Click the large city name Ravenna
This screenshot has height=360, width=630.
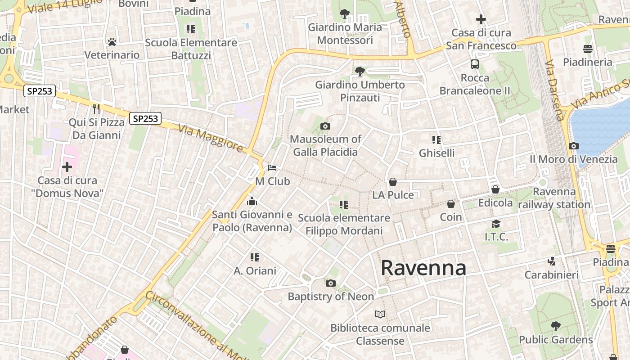point(423,268)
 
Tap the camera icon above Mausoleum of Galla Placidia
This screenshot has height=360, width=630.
point(325,126)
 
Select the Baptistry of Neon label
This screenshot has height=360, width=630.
point(331,297)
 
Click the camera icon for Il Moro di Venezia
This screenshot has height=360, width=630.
point(573,146)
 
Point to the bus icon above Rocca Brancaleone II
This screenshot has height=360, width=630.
point(475,64)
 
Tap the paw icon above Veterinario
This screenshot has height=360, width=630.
point(112,42)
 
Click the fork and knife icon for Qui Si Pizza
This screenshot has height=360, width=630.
point(96,108)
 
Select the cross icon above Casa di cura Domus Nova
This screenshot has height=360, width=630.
point(67,167)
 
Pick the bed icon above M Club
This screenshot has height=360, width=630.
point(272,168)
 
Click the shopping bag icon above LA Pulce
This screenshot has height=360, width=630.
point(393,182)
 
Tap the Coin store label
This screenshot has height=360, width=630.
point(451,217)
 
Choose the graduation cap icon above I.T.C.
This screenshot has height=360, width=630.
point(496,224)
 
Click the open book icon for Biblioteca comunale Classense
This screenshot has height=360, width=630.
point(380,314)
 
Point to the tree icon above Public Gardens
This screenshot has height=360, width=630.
point(556,326)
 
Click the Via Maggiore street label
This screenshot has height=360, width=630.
point(211,138)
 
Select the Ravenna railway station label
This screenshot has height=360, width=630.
point(554,198)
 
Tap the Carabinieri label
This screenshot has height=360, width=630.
point(551,274)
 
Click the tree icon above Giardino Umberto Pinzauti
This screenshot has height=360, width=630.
point(360,71)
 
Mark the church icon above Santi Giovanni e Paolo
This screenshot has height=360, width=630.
point(252,201)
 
